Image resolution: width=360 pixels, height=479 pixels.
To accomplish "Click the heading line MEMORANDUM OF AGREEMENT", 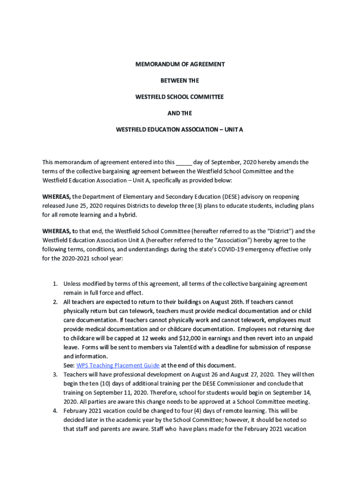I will tap(180, 64).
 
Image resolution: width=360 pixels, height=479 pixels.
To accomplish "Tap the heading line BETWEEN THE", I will tap(180, 80).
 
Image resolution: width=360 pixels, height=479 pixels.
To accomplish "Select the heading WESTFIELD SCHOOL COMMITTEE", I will tap(180, 97).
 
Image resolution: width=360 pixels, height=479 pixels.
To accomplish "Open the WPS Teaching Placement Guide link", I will tap(118, 365).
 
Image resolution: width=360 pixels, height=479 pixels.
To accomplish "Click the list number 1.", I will tap(55, 284).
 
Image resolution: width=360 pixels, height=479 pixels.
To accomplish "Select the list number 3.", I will tap(55, 375).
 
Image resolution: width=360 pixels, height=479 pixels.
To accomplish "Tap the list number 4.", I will tap(55, 411).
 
